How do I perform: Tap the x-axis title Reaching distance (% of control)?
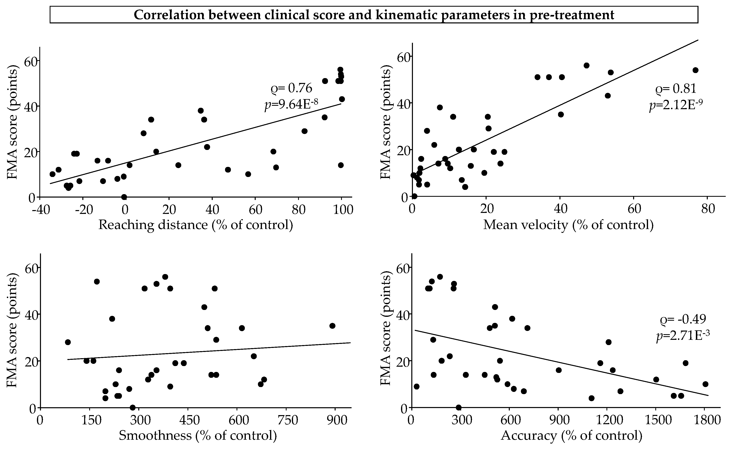(196, 225)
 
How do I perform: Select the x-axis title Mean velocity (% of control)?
(568, 225)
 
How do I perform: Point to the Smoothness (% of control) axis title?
(198, 435)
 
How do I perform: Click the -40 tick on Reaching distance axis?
(40, 210)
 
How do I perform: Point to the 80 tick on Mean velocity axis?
(708, 209)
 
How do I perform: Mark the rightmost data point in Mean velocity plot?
(695, 70)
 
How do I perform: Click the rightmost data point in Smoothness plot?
(332, 326)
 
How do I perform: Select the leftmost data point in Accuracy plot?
(417, 386)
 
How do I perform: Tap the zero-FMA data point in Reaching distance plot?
(124, 197)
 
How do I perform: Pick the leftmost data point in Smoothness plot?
(68, 342)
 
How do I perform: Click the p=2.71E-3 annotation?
(683, 336)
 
